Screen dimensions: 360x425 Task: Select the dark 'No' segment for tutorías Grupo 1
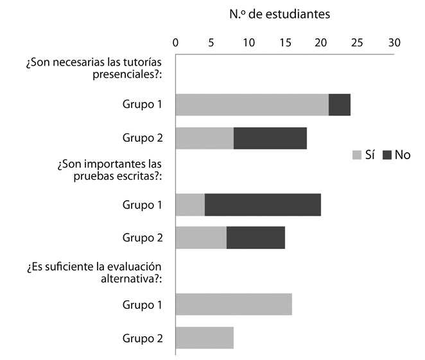point(339,105)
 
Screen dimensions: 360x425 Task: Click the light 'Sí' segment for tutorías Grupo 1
point(252,105)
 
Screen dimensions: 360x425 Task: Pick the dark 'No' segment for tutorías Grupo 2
point(270,138)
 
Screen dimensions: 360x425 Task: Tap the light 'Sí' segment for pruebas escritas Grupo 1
point(190,205)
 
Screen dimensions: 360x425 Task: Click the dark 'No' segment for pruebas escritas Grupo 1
point(263,205)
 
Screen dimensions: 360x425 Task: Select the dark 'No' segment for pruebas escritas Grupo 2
point(256,238)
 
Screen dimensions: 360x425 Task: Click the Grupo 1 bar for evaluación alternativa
point(234,304)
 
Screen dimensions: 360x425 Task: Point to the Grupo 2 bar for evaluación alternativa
point(204,338)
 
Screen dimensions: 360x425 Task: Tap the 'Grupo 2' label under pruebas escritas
point(143,238)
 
